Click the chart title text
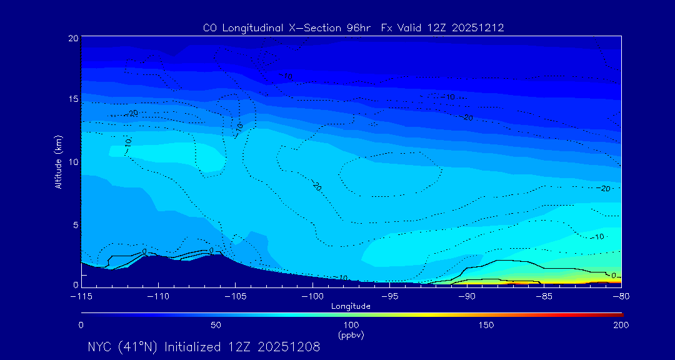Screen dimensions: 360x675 pyautogui.click(x=353, y=27)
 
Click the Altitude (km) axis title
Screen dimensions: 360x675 pyautogui.click(x=58, y=162)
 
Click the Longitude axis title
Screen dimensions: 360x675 pyautogui.click(x=351, y=306)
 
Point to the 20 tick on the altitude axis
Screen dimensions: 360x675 pyautogui.click(x=72, y=38)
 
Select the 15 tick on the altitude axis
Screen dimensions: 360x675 pyautogui.click(x=72, y=99)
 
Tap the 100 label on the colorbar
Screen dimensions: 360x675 pyautogui.click(x=351, y=325)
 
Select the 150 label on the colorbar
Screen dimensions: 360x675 pyautogui.click(x=486, y=325)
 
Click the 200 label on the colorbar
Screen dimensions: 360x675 pyautogui.click(x=621, y=325)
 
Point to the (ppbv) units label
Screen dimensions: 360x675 pyautogui.click(x=351, y=335)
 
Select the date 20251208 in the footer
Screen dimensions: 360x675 pyautogui.click(x=289, y=347)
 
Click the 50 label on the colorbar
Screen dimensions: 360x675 pyautogui.click(x=216, y=325)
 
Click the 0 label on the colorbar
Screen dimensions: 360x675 pyautogui.click(x=81, y=325)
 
